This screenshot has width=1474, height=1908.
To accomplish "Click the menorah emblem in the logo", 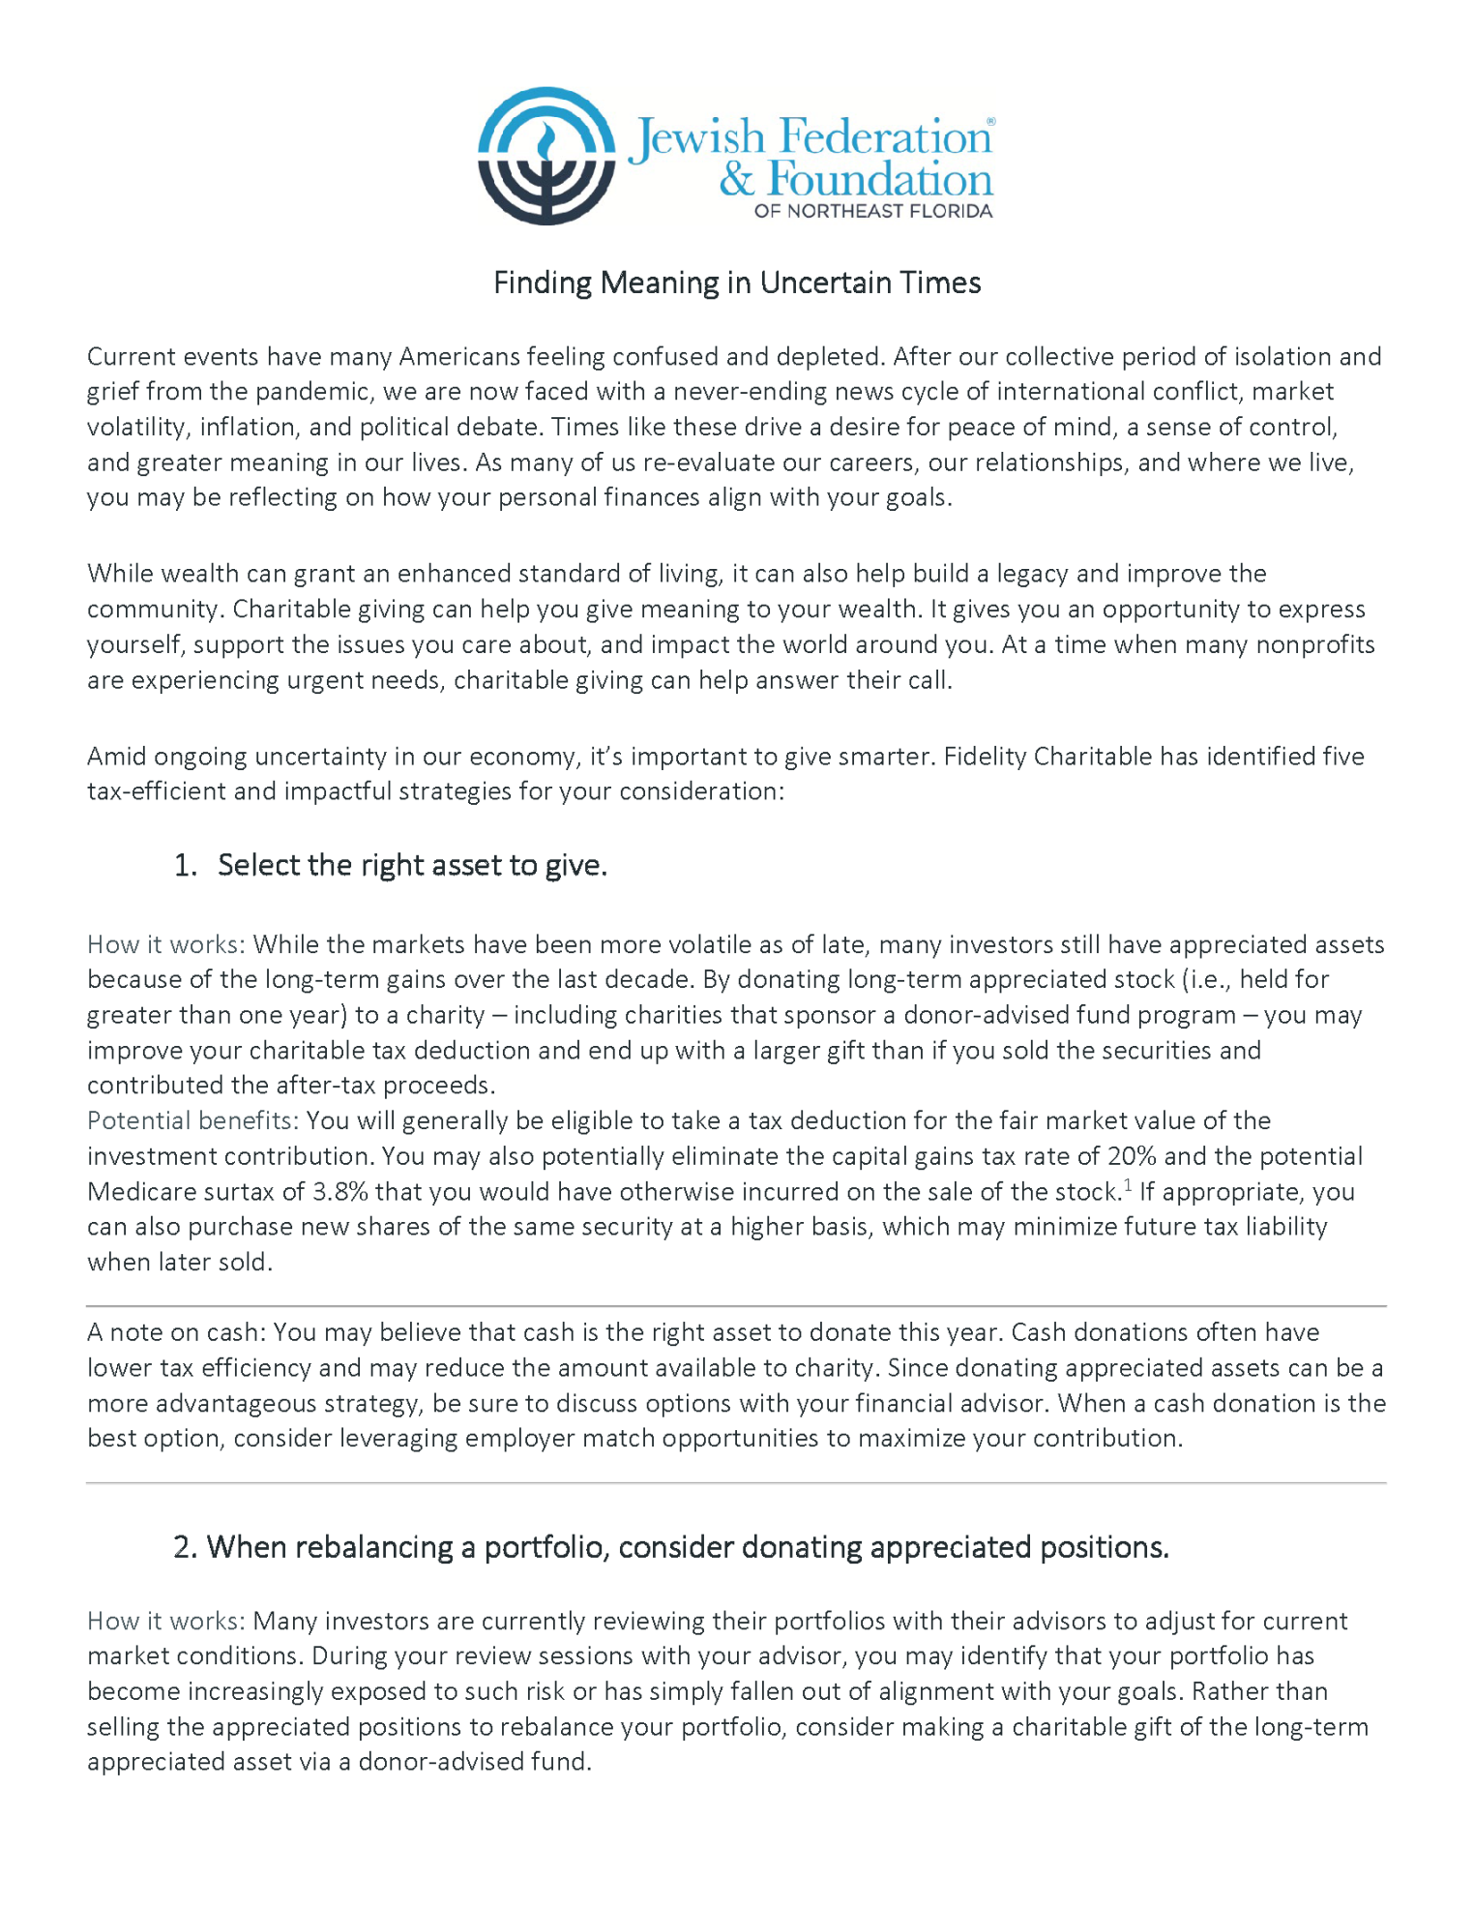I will pyautogui.click(x=546, y=157).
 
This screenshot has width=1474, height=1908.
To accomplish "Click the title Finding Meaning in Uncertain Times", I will pyautogui.click(x=737, y=283).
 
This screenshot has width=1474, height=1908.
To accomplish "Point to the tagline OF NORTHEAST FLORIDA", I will pyautogui.click(x=873, y=211).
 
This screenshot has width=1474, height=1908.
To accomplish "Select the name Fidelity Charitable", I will pyautogui.click(x=1048, y=756).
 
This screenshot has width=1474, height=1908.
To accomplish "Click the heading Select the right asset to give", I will pyautogui.click(x=412, y=865).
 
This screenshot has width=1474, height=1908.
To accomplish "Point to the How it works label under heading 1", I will pyautogui.click(x=165, y=944).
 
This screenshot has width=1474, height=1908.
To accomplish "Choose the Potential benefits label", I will pyautogui.click(x=192, y=1120).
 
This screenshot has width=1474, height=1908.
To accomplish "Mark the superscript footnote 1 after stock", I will pyautogui.click(x=1128, y=1184).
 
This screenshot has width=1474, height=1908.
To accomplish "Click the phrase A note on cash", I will pyautogui.click(x=175, y=1332).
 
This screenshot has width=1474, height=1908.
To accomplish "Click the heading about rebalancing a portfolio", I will pyautogui.click(x=671, y=1547).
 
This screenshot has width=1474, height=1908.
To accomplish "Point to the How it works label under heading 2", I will pyautogui.click(x=165, y=1621).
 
